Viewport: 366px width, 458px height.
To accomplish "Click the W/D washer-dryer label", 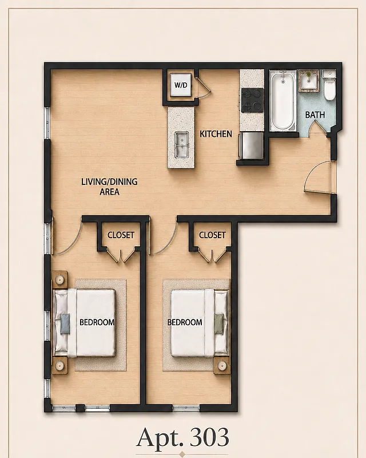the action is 181,85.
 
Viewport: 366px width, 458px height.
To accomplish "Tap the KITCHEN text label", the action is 216,134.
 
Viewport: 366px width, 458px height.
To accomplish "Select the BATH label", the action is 315,115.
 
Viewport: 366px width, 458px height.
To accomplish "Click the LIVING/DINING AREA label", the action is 109,187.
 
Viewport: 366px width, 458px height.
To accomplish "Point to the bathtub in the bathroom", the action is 283,101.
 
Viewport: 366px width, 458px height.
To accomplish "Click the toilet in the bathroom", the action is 329,85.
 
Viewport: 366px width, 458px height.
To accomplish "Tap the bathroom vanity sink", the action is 308,80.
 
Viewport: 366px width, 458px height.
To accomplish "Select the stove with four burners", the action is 252,100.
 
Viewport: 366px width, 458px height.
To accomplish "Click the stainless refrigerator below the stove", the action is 251,146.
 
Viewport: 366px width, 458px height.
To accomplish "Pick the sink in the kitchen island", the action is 181,144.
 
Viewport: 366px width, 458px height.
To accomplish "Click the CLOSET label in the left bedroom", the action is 121,235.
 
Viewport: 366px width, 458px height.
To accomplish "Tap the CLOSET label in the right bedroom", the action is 212,235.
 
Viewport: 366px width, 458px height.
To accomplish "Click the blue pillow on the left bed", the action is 65,323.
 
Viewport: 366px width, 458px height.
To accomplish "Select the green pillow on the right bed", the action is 219,323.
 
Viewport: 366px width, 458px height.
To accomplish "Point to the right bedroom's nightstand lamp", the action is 222,365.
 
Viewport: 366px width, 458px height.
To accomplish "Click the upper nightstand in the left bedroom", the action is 59,280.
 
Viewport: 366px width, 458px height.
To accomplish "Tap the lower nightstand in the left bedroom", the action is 59,365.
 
